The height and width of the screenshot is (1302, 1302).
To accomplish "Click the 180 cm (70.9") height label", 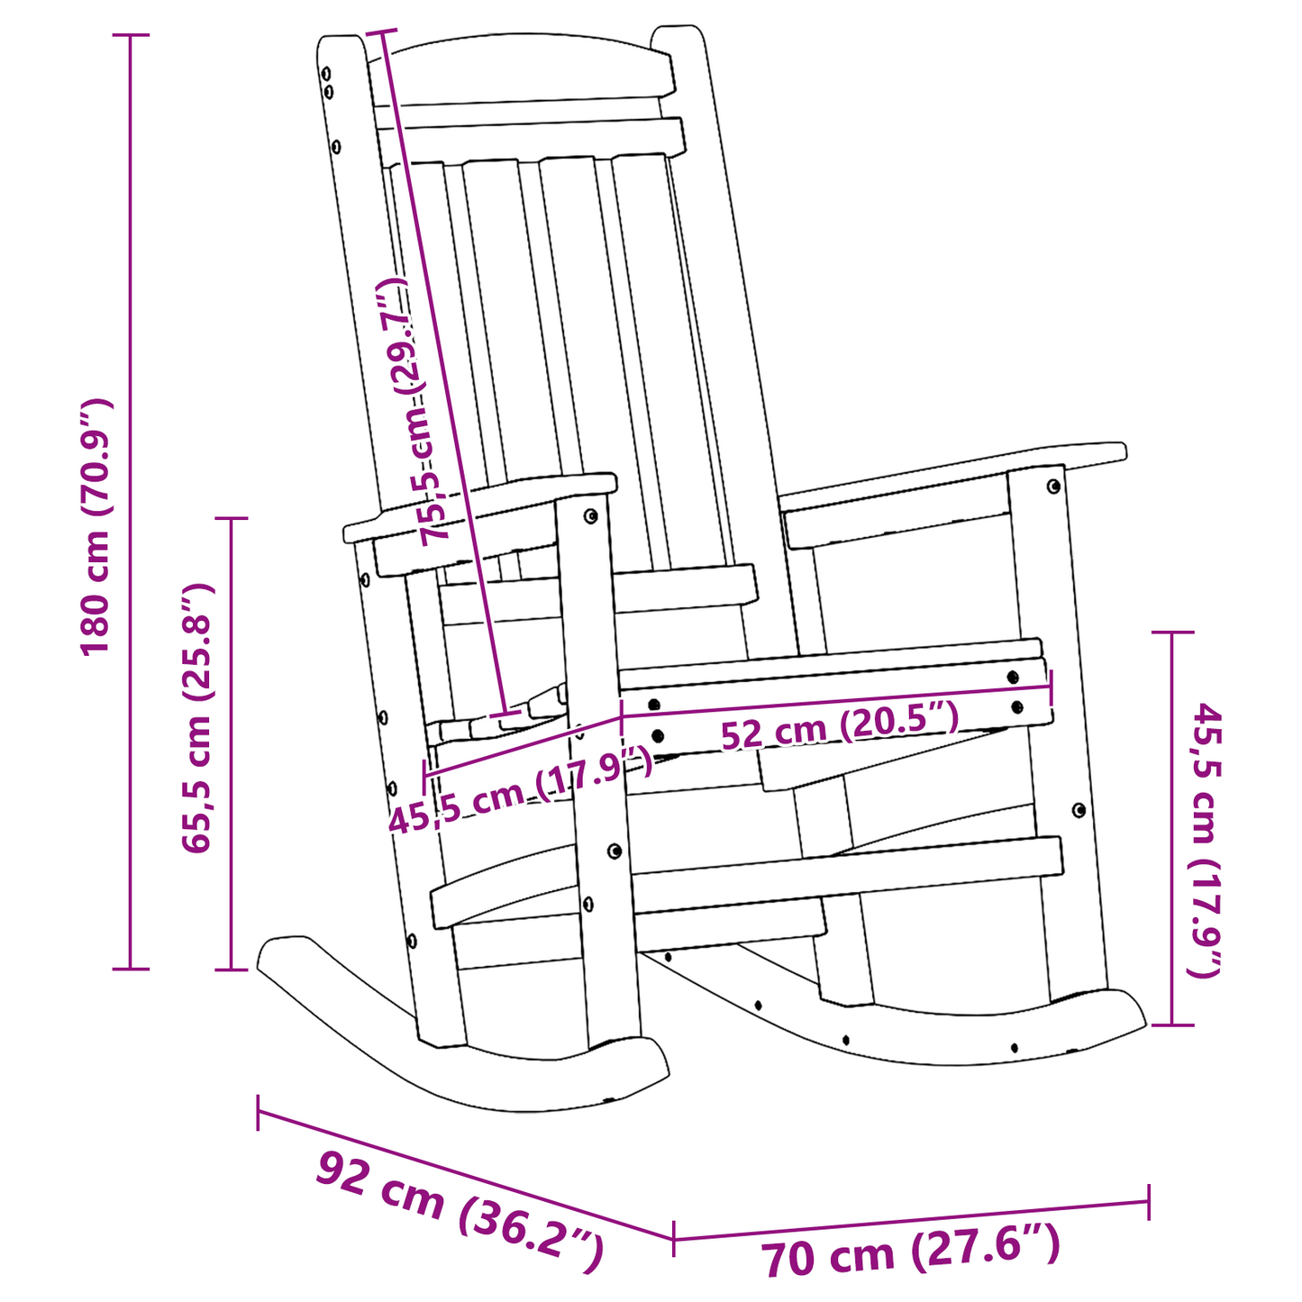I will [x=96, y=527].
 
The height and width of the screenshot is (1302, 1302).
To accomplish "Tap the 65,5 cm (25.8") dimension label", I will [x=196, y=718].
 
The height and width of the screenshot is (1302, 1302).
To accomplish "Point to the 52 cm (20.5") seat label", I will [x=839, y=725].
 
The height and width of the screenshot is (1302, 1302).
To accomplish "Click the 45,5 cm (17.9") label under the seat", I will [x=520, y=791].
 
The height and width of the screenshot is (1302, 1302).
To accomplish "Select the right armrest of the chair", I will [x=955, y=478].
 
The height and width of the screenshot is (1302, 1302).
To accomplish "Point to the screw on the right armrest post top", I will [x=1053, y=487].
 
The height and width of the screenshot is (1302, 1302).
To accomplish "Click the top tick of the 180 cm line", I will [x=131, y=35].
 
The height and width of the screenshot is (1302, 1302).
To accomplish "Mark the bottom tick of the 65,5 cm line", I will [x=231, y=970].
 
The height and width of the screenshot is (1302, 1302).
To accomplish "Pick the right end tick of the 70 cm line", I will [x=1148, y=1202].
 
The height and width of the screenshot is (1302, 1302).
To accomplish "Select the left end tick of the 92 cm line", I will [x=259, y=1112].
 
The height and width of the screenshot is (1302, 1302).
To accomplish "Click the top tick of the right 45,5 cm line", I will [x=1172, y=633].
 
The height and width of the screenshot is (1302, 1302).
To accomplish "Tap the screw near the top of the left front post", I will [x=590, y=516].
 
